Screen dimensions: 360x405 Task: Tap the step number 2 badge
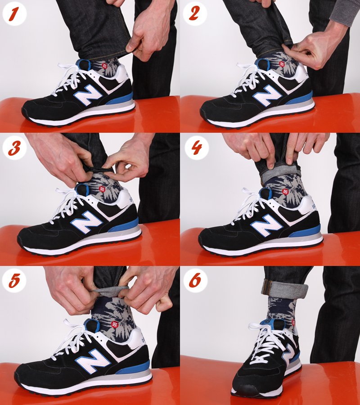(194, 13)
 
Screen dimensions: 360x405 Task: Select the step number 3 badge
(14, 148)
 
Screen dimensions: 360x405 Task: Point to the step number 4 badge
(197, 148)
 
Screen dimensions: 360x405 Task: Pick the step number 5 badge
(14, 281)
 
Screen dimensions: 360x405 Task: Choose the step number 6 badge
(195, 280)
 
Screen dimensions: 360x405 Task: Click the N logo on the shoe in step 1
(88, 94)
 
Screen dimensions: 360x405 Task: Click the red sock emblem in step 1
(104, 66)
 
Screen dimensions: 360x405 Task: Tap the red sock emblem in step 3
(102, 189)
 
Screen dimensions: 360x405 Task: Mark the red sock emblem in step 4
(285, 192)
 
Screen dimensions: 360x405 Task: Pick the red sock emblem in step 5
(115, 324)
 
